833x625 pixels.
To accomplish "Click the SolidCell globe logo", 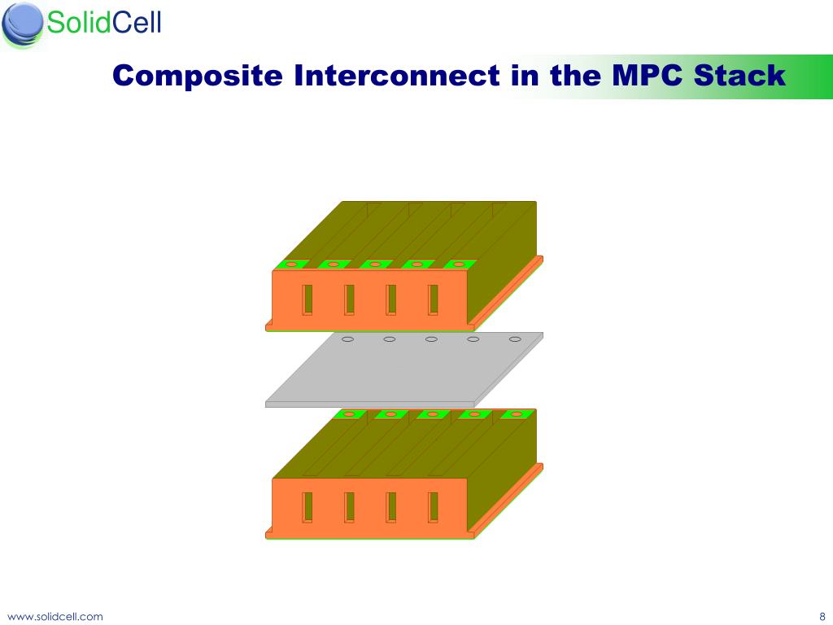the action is pos(22,24).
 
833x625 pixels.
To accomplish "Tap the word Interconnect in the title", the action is pos(396,76).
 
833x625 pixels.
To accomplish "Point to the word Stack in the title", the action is pos(740,76).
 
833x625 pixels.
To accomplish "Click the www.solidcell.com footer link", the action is pos(55,616).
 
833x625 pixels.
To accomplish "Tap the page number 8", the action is pos(822,616).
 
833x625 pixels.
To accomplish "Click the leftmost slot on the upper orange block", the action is pos(307,299).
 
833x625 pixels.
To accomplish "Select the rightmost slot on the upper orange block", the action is pos(433,299).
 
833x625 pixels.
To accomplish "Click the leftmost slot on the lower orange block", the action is pos(307,507).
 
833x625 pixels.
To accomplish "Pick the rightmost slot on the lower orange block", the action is pos(433,507).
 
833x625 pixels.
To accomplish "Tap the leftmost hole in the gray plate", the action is pos(347,339).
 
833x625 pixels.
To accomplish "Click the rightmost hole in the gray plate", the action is pos(515,339).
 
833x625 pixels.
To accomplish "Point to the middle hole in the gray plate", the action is pos(431,339).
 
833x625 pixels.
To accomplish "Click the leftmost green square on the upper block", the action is pos(290,264).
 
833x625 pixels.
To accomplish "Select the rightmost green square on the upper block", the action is pos(460,264).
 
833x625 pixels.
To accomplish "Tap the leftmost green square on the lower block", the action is pos(349,414).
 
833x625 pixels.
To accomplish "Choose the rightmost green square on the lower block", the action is pos(516,414).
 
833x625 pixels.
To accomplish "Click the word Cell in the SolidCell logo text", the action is pos(136,23).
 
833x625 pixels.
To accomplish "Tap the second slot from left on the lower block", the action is pos(349,507).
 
